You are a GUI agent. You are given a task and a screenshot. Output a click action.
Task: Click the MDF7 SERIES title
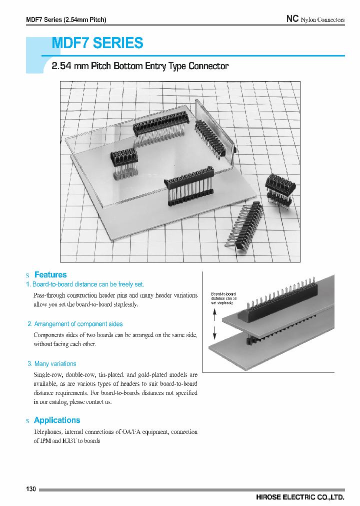[x=98, y=43]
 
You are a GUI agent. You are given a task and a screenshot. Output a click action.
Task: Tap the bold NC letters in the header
[x=292, y=19]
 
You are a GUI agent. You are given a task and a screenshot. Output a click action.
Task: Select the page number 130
[x=31, y=488]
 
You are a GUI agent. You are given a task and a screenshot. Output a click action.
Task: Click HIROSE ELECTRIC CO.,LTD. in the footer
[x=299, y=497]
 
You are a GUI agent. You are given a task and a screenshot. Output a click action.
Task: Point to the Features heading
[x=50, y=275]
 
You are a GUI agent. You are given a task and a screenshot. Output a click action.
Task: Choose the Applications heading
[x=57, y=420]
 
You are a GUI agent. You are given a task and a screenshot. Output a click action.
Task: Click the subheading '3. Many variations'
[x=51, y=364]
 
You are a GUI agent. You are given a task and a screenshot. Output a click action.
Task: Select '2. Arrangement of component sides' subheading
[x=75, y=324]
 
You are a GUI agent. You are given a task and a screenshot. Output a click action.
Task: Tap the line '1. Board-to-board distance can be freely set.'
[x=85, y=284]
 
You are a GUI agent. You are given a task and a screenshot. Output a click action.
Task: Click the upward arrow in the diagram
[x=214, y=314]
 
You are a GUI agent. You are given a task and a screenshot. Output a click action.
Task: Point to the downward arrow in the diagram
[x=214, y=332]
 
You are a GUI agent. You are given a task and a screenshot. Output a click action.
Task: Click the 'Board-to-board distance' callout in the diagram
[x=223, y=298]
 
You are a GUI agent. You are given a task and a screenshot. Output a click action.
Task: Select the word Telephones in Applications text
[x=48, y=432]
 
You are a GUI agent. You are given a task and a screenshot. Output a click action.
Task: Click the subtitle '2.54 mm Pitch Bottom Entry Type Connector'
[x=140, y=66]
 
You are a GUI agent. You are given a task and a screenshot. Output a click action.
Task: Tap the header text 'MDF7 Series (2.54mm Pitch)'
[x=66, y=20]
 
